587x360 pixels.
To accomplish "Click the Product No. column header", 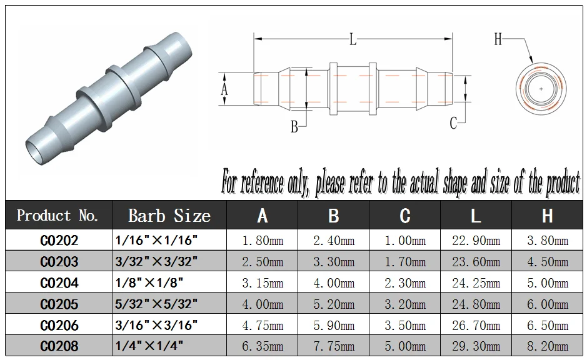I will pyautogui.click(x=58, y=216).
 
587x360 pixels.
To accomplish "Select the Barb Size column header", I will pyautogui.click(x=169, y=216).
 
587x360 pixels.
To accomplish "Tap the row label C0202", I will pyautogui.click(x=59, y=240).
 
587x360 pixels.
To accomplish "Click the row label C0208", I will pyautogui.click(x=59, y=346).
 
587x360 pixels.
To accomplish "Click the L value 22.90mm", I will pyautogui.click(x=476, y=240).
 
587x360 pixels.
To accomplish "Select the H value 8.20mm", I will pyautogui.click(x=547, y=346).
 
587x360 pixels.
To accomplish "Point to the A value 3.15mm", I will pyautogui.click(x=262, y=282).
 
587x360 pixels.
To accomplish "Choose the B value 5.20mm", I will pyautogui.click(x=333, y=304).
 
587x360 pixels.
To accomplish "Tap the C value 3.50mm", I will pyautogui.click(x=404, y=325).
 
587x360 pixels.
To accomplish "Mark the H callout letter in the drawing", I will pyautogui.click(x=498, y=39).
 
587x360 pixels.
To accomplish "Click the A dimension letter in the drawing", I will pyautogui.click(x=225, y=89).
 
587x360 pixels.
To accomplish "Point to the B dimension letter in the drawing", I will pyautogui.click(x=294, y=127).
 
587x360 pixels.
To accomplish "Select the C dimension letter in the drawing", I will pyautogui.click(x=454, y=123).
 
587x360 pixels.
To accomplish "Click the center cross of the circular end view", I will pyautogui.click(x=541, y=89).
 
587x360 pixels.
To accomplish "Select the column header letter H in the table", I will pyautogui.click(x=547, y=216).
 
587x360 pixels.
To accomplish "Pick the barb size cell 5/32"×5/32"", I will pyautogui.click(x=156, y=304).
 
